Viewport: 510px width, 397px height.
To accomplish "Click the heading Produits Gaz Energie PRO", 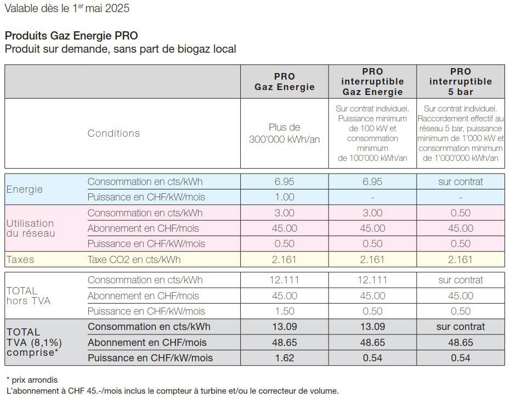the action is pyautogui.click(x=71, y=36).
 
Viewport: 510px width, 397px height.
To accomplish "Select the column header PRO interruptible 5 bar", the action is pyautogui.click(x=460, y=81).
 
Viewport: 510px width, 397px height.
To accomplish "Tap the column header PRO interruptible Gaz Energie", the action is pyautogui.click(x=372, y=81).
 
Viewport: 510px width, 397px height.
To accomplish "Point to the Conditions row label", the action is pyautogui.click(x=114, y=133).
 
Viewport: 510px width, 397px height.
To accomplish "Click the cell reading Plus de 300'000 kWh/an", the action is pyautogui.click(x=284, y=133).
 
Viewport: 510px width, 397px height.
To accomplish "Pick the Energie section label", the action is pyautogui.click(x=24, y=189).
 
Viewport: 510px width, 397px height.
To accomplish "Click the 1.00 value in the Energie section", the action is pyautogui.click(x=284, y=197).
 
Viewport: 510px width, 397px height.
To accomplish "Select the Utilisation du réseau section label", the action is pyautogui.click(x=31, y=228).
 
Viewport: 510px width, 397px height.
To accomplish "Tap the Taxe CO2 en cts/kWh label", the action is pyautogui.click(x=134, y=260).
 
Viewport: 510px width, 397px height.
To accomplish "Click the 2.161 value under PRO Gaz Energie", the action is pyautogui.click(x=284, y=260).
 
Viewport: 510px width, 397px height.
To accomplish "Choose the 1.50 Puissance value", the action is pyautogui.click(x=285, y=311).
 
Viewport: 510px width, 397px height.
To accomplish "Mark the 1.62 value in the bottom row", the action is pyautogui.click(x=285, y=358).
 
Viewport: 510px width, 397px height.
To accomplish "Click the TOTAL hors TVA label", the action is pyautogui.click(x=29, y=296).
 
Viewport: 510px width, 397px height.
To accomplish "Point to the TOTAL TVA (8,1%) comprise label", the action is pyautogui.click(x=34, y=342).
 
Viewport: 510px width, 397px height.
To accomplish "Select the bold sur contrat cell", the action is pyautogui.click(x=461, y=327).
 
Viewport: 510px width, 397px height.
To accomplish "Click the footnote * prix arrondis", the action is pyautogui.click(x=32, y=380).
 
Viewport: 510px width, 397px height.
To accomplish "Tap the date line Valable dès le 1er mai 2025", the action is pyautogui.click(x=67, y=8).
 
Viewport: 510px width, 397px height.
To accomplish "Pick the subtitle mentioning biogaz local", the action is pyautogui.click(x=120, y=49).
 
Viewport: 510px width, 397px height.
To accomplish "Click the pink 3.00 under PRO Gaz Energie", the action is pyautogui.click(x=284, y=213).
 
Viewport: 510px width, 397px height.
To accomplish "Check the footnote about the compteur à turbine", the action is pyautogui.click(x=172, y=391).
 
